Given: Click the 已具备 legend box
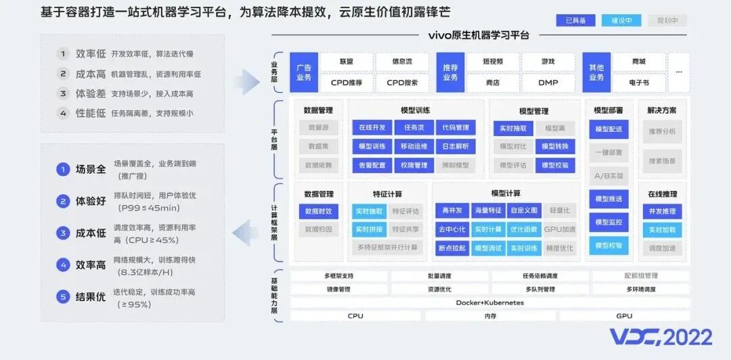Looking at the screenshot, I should coord(575,20).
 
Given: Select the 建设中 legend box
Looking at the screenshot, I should coord(621,20).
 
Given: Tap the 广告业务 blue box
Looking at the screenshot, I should coord(304,72).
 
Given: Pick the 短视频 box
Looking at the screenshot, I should coord(493,62).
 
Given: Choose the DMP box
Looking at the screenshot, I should coord(548,83).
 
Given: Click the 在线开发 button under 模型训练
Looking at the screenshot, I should coord(372,127).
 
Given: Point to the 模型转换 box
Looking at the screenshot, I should coord(555,146).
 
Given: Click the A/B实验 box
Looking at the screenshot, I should coord(608,175).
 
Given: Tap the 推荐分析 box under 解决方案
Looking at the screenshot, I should coord(661,131).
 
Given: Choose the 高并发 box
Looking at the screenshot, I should coord(451,210).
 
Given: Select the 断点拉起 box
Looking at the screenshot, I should coord(451,248).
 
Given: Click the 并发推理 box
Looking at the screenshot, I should coord(661,211).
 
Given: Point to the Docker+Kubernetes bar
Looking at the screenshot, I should coord(489,302).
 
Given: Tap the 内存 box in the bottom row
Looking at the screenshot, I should coord(489,316).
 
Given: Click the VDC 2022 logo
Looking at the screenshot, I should coord(660,337).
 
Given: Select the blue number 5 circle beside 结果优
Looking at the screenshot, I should coord(63,296).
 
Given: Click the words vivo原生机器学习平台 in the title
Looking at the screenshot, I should coord(479,35).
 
